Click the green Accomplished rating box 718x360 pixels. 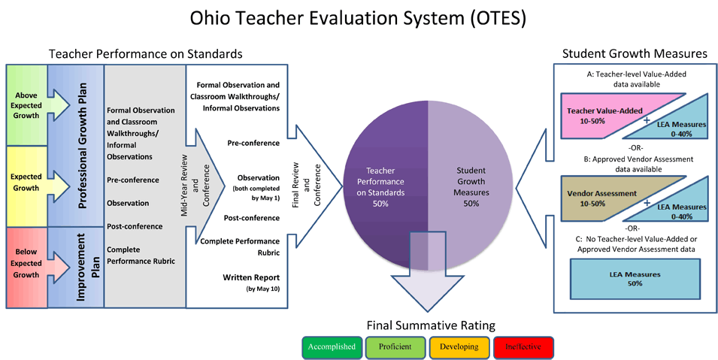coord(332,347)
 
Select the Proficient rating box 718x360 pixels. coord(395,347)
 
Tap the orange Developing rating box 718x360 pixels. coord(459,347)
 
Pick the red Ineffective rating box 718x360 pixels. coord(523,347)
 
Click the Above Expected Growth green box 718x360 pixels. coord(26,105)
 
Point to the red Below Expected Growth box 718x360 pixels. coord(26,267)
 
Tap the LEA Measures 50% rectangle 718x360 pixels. coord(635,279)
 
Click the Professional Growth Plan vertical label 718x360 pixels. coord(83,146)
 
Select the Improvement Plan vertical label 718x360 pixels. coord(87,267)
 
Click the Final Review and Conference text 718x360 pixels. coord(307,185)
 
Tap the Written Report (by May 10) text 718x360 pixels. coord(251,283)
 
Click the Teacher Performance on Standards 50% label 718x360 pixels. coord(380,187)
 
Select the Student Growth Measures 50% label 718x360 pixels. coord(471,187)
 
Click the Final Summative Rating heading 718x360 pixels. coord(431,325)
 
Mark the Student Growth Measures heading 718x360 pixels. coord(635,53)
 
